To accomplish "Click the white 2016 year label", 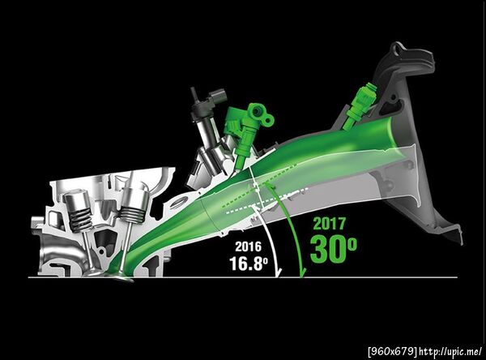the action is pos(248,246).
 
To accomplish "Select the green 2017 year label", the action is pos(330,224).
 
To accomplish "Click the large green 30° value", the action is pos(333,249).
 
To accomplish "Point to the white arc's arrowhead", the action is pos(279,273).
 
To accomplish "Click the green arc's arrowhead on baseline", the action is pos(301,273).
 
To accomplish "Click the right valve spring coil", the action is pos(132,215).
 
